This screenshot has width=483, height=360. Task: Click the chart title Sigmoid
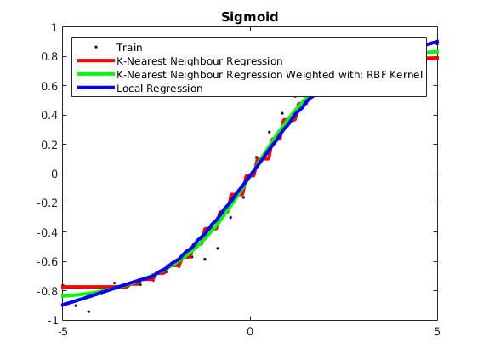pyautogui.click(x=249, y=17)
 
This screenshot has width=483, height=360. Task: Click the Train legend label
pyautogui.click(x=129, y=48)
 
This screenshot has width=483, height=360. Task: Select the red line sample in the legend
pyautogui.click(x=96, y=60)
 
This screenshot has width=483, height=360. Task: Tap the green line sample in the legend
pyautogui.click(x=96, y=74)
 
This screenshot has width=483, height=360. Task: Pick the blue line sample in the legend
pyautogui.click(x=96, y=88)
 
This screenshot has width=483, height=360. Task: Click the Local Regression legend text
pyautogui.click(x=160, y=89)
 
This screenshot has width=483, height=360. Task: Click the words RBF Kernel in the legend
pyautogui.click(x=395, y=75)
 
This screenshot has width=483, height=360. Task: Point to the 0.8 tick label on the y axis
pyautogui.click(x=49, y=56)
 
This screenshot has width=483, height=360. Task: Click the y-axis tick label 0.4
pyautogui.click(x=49, y=115)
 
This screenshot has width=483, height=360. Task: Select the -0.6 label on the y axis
pyautogui.click(x=47, y=261)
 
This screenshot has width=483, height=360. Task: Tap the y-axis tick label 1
pyautogui.click(x=54, y=28)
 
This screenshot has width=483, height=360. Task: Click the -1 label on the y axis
pyautogui.click(x=53, y=321)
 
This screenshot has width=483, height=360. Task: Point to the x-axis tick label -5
pyautogui.click(x=63, y=332)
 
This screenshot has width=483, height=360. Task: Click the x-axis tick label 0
pyautogui.click(x=250, y=332)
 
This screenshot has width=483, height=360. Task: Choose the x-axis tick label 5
pyautogui.click(x=437, y=332)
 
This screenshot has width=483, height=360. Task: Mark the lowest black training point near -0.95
pyautogui.click(x=88, y=311)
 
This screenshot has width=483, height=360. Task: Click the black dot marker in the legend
pyautogui.click(x=96, y=47)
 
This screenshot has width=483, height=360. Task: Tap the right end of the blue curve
pyautogui.click(x=437, y=42)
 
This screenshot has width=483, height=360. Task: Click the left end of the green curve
pyautogui.click(x=63, y=296)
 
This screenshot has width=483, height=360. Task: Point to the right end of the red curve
pyautogui.click(x=437, y=58)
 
